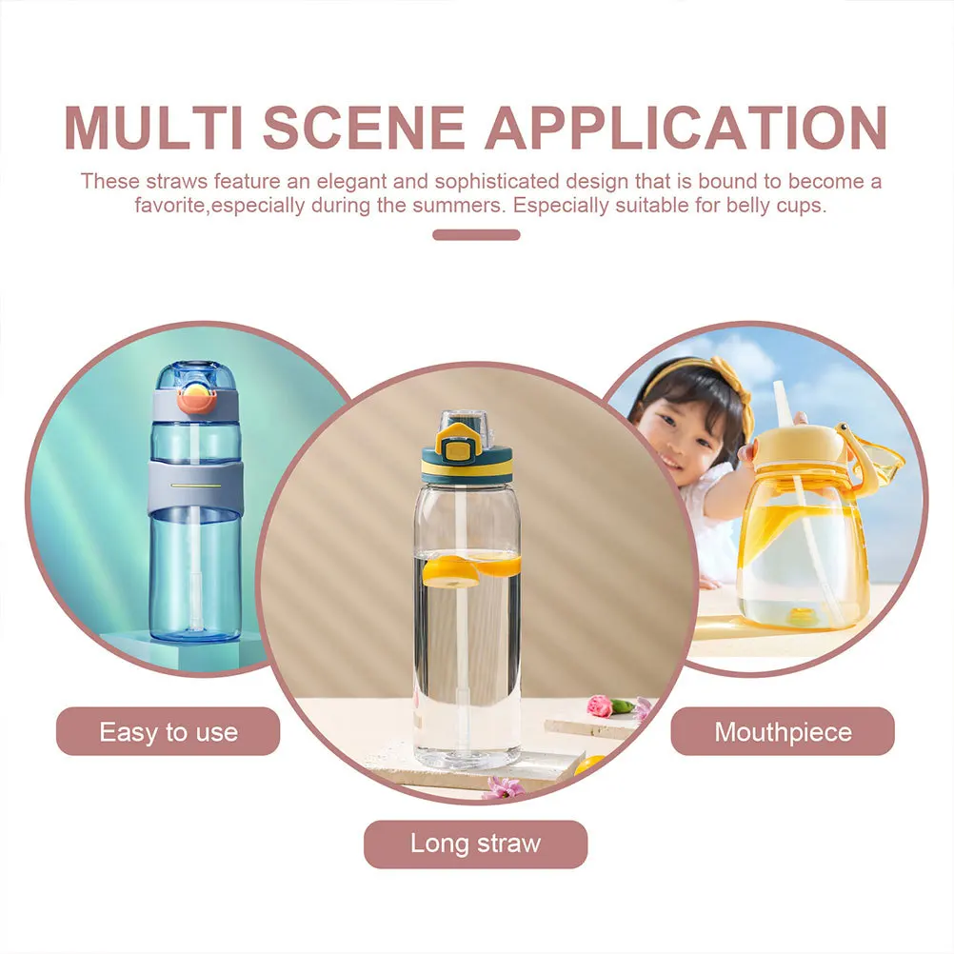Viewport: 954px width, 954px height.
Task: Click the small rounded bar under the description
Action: click(476, 235)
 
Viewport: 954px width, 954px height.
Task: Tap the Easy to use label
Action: click(169, 732)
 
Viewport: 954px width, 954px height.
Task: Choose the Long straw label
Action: click(475, 844)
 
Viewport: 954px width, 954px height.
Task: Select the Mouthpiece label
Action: click(783, 732)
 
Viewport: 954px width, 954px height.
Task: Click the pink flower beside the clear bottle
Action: click(599, 706)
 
